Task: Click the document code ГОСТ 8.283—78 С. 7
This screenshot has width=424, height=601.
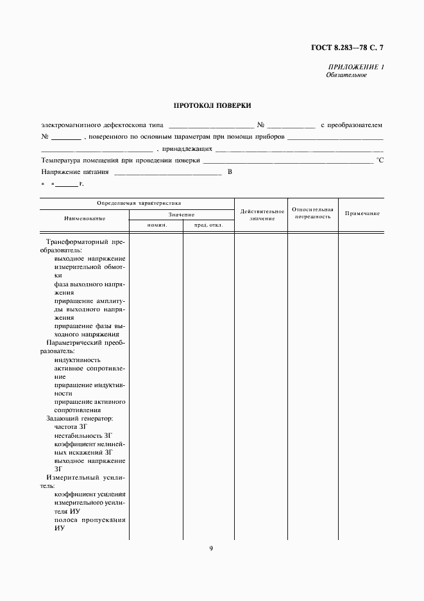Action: (x=349, y=47)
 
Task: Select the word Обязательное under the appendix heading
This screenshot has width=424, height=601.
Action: (x=346, y=75)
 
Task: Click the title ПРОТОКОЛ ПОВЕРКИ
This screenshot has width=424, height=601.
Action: (x=212, y=105)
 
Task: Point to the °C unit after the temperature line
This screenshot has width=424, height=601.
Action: (x=379, y=161)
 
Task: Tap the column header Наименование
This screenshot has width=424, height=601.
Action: (x=85, y=219)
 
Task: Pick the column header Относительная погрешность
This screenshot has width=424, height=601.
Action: (x=312, y=213)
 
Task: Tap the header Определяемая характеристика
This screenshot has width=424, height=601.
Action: (x=139, y=203)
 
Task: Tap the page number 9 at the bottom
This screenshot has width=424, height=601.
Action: (x=211, y=548)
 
